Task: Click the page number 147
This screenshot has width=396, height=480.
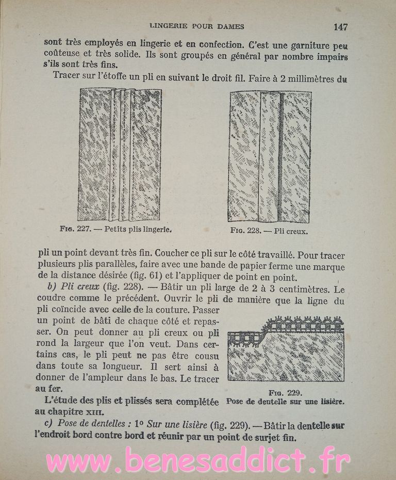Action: pyautogui.click(x=342, y=27)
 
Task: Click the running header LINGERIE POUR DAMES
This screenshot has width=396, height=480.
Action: pyautogui.click(x=196, y=26)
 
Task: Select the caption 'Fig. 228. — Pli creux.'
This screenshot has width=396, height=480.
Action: pyautogui.click(x=269, y=231)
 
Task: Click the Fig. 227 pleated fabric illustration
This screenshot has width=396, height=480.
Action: pyautogui.click(x=120, y=154)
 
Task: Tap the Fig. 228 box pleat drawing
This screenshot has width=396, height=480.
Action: pyautogui.click(x=270, y=156)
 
